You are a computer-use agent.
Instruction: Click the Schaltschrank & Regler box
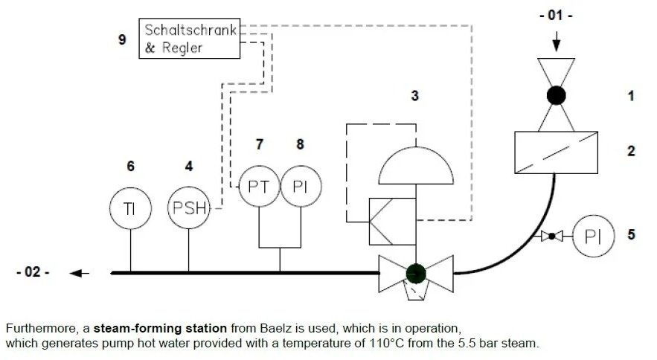pos(190,39)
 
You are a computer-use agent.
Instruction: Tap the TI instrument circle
pos(130,208)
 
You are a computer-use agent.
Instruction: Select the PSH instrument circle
pos(189,208)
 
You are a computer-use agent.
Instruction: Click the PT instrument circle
pos(258,186)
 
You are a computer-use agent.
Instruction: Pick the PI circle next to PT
pos(300,186)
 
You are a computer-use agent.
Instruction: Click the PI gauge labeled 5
pos(593,237)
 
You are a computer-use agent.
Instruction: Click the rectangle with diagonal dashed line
pos(557,151)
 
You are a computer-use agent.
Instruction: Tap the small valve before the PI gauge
pos(551,237)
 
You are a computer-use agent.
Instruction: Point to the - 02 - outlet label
pos(32,273)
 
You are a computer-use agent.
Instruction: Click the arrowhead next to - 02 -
pos(77,273)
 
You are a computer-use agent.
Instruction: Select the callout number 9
pos(122,39)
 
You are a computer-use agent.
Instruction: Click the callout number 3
pos(415,96)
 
